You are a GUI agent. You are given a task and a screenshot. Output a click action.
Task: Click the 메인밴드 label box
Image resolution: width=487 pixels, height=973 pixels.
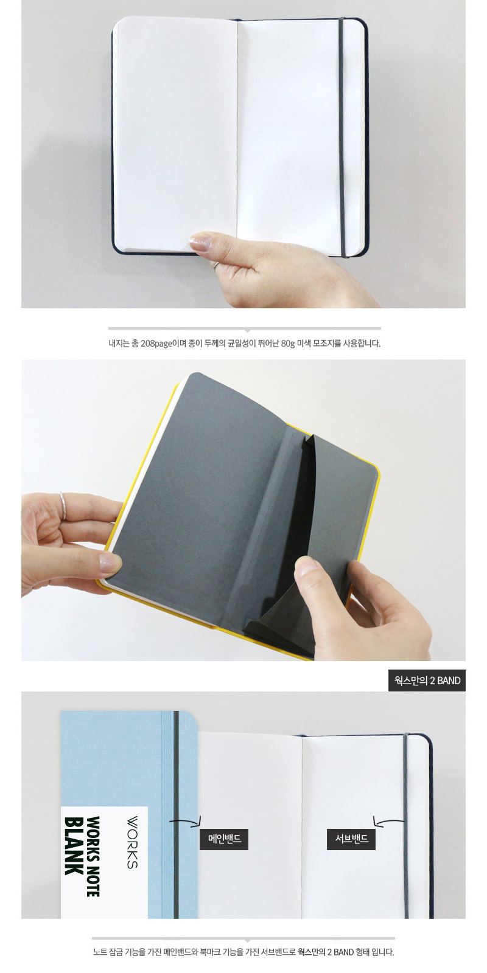224,839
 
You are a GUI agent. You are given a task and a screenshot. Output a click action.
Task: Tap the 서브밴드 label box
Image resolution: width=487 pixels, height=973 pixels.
351,839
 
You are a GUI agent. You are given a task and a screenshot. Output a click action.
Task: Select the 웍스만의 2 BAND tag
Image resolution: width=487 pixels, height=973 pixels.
427,680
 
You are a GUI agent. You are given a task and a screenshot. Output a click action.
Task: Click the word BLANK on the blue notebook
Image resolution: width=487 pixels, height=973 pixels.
74,846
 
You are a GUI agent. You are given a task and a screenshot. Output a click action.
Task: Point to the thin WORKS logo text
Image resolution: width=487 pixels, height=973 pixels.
132,842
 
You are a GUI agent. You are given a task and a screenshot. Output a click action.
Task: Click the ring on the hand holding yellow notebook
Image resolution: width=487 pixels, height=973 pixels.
63,505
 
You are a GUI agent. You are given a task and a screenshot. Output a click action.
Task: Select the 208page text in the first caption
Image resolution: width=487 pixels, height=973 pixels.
156,344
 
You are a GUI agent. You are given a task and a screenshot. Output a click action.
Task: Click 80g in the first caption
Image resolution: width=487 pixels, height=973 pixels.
288,344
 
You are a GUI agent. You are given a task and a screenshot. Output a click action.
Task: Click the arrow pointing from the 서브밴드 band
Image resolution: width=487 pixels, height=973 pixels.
388,821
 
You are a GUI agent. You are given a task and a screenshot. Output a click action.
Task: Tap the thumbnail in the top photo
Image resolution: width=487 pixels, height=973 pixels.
200,243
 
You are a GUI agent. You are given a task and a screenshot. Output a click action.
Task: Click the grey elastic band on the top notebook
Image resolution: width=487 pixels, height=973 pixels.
342,137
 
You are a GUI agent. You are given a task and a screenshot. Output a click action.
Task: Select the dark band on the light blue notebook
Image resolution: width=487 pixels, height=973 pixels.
176,815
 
